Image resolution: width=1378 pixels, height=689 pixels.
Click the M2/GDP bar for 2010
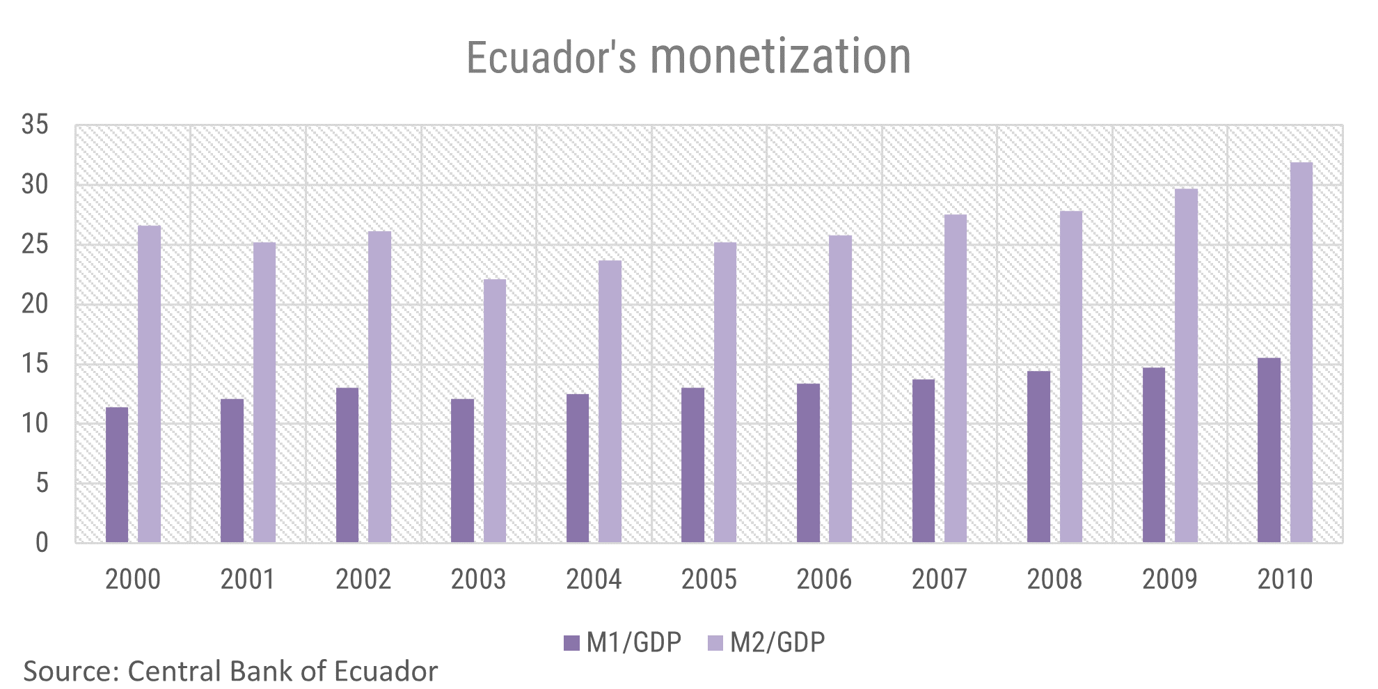tap(1301, 353)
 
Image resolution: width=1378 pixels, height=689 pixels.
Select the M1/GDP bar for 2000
tap(117, 475)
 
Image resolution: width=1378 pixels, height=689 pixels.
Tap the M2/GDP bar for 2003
tap(495, 411)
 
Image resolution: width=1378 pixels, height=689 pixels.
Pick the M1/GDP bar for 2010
tap(1269, 450)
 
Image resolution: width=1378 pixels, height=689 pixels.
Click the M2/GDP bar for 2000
tap(149, 384)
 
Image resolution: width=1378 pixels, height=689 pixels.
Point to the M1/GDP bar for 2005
tap(692, 465)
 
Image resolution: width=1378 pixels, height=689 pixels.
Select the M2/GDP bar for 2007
tap(956, 379)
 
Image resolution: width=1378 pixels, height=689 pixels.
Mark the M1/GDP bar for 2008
tap(1038, 457)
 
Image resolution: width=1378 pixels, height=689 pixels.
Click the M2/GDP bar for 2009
tap(1186, 365)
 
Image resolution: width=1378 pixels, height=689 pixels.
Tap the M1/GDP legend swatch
tap(571, 642)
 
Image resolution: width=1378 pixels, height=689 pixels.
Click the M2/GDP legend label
tap(777, 642)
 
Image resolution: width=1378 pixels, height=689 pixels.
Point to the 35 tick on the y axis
tap(35, 125)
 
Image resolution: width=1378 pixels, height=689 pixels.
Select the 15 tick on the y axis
tap(35, 364)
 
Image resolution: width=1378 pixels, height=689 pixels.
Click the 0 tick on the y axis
tap(42, 543)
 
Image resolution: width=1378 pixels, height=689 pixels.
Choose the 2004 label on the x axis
tap(593, 579)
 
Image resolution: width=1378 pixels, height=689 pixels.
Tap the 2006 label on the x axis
tap(823, 579)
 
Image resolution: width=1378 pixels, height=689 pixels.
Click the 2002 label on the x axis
tap(363, 579)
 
